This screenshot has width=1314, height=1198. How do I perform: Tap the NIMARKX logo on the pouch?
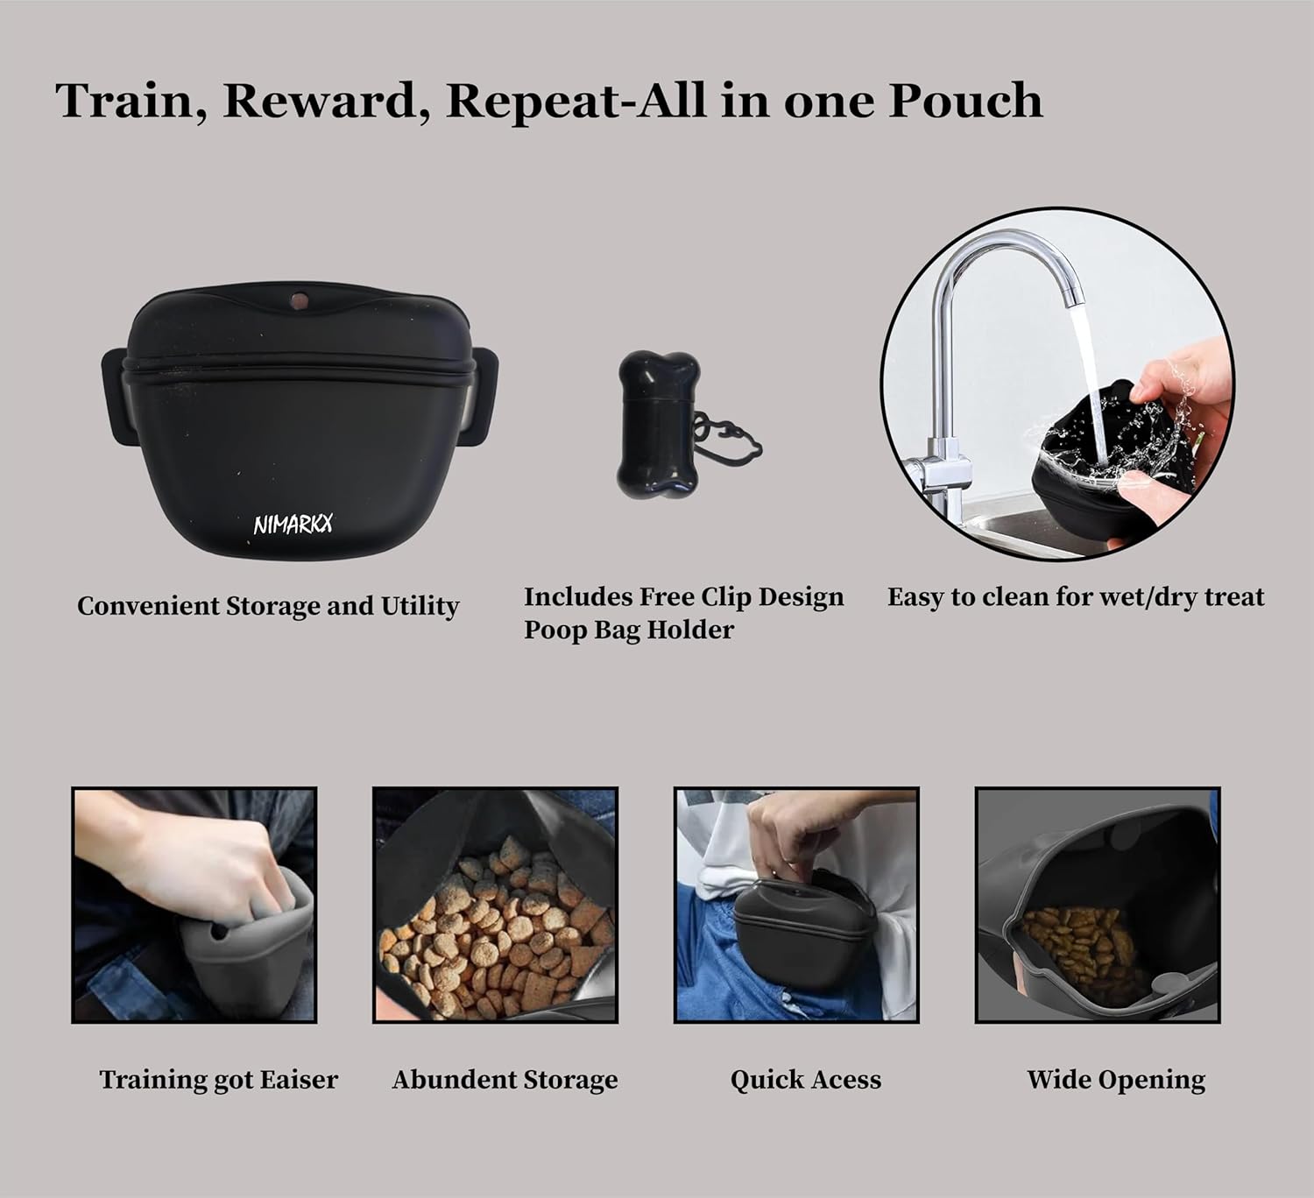point(293,525)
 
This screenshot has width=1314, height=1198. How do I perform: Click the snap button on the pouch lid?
point(299,301)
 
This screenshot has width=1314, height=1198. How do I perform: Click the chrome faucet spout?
point(1007,263)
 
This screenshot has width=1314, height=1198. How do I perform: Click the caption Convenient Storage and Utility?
point(268,606)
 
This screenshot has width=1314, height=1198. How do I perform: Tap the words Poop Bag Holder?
point(629,630)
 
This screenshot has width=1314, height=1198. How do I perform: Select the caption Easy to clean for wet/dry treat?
point(1076,597)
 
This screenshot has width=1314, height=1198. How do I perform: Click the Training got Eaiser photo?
point(194,905)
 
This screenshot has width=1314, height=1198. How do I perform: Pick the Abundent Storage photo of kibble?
point(495,905)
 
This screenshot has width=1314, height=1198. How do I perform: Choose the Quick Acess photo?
point(796,905)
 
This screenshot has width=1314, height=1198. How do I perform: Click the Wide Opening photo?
point(1098,905)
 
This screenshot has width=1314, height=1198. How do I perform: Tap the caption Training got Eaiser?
point(218,1080)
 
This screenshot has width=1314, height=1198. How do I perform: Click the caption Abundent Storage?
point(505,1080)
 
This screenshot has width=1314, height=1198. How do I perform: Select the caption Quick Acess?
point(806,1080)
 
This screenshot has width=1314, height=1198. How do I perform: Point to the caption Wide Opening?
point(1116,1080)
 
